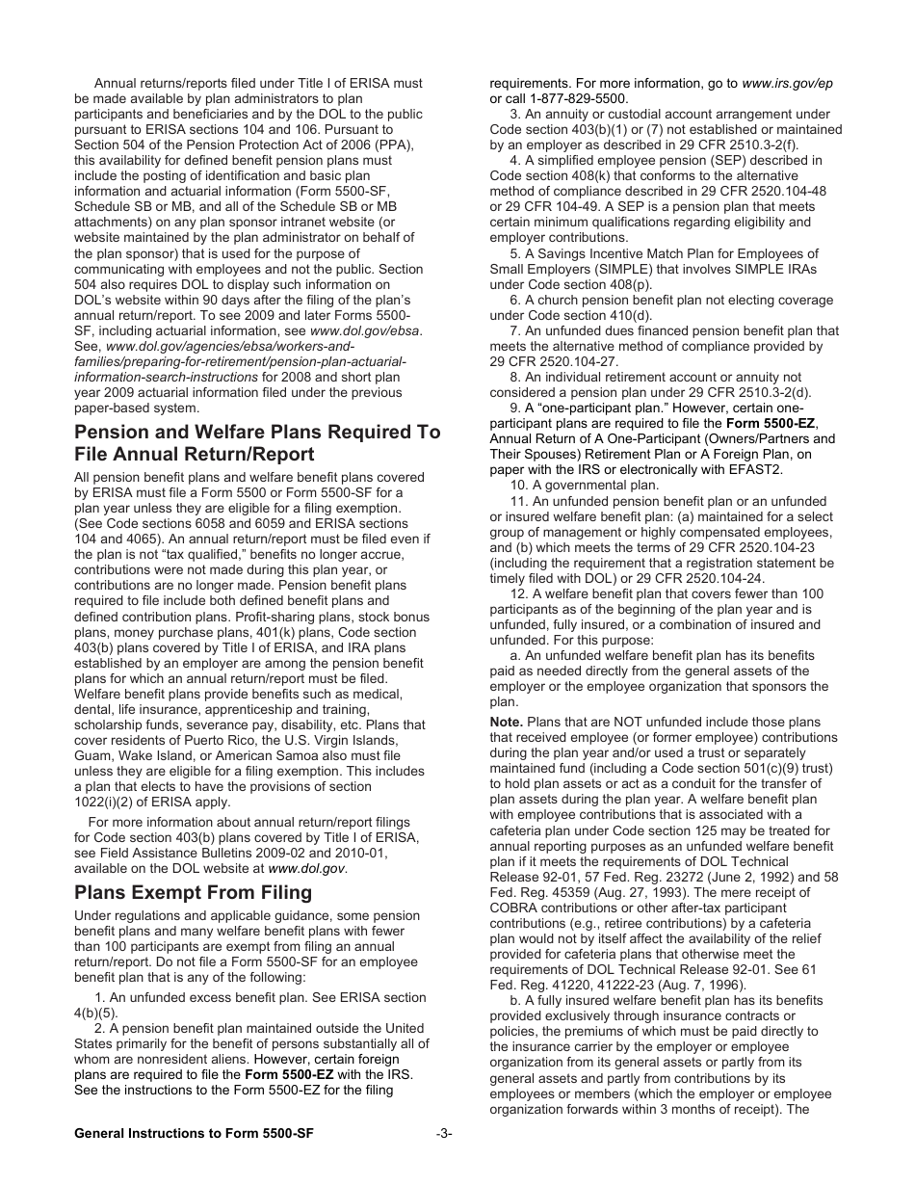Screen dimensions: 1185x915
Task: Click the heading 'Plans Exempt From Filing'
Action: click(193, 892)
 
